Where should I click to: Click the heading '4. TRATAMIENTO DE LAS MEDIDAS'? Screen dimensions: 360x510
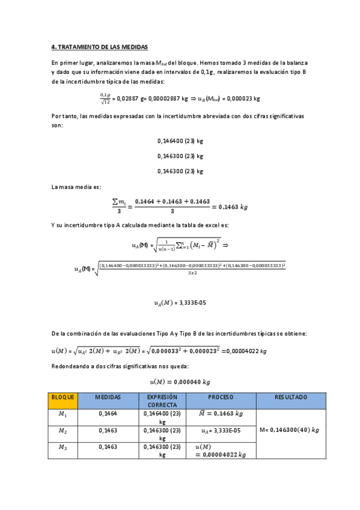point(99,46)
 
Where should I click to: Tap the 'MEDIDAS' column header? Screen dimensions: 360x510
point(109,398)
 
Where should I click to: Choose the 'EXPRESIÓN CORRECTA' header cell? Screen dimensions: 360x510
point(162,401)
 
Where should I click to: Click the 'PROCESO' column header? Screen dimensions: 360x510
point(221,398)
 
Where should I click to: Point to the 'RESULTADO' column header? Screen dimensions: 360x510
point(291,398)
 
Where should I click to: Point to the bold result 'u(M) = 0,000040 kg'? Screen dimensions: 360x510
point(180,381)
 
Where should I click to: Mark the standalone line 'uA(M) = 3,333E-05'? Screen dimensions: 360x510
point(180,303)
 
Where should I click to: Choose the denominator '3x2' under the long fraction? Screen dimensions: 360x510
point(192,273)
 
